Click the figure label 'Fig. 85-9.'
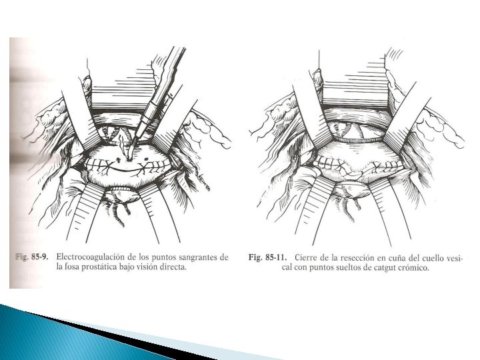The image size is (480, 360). coord(31,257)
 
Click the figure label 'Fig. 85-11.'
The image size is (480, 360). coord(267,257)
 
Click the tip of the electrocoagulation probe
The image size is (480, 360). coord(128,159)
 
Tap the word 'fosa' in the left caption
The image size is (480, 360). coord(73,267)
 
